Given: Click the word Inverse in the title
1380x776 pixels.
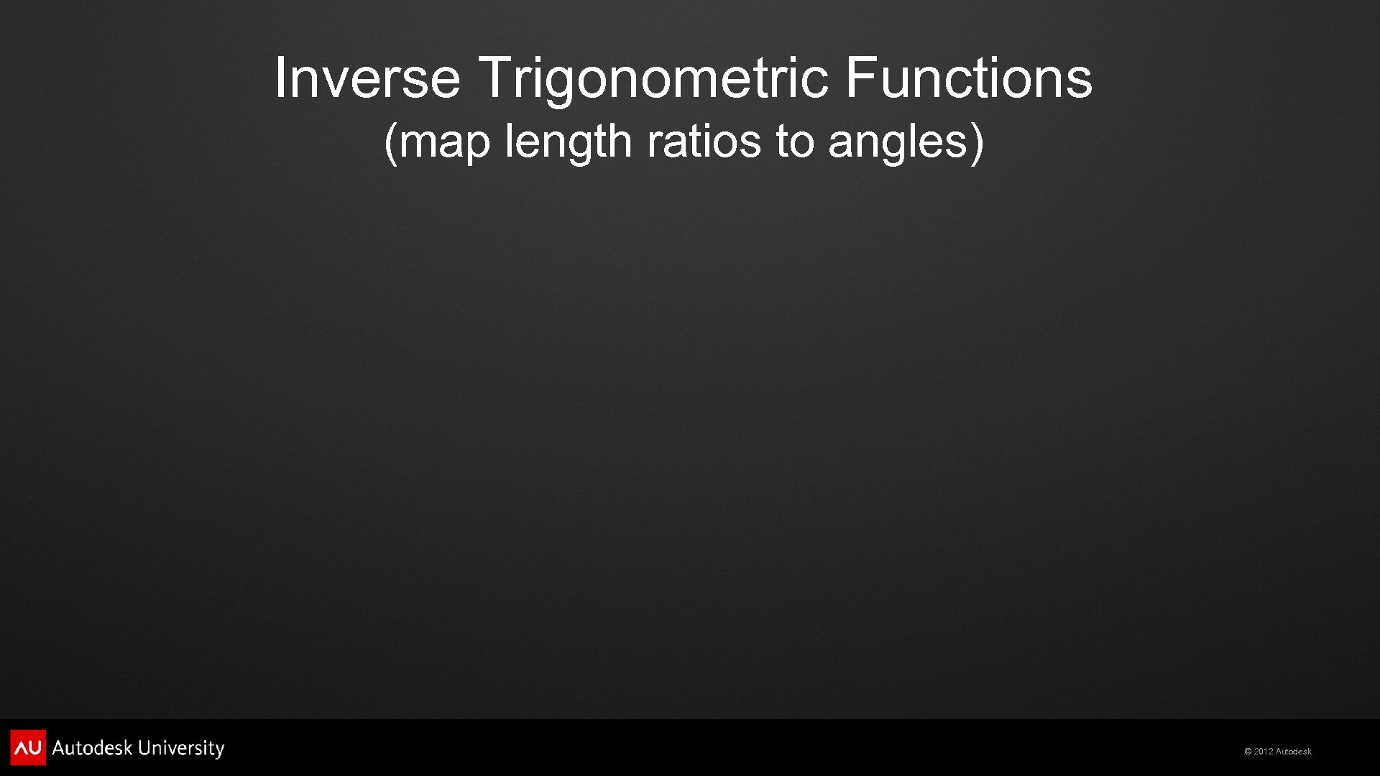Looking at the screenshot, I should pos(367,78).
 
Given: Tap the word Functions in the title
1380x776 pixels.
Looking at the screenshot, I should pos(968,78).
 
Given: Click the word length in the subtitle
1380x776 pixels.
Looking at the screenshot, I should pos(568,142).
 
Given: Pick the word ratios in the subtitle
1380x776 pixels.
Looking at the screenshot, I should pos(703,141).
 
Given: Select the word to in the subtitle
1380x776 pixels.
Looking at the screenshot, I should pos(793,141).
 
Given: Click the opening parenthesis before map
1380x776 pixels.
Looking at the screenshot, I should pos(390,142).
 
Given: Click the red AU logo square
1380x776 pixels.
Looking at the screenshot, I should pos(28,747).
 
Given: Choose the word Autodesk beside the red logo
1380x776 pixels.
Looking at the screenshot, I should pos(93,748).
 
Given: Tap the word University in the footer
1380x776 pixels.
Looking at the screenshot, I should pos(181,749).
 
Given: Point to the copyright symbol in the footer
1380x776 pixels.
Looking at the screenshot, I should pos(1248,752).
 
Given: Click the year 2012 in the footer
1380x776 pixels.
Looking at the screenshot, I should pos(1264,752).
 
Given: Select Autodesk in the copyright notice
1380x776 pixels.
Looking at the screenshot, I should pos(1294,752).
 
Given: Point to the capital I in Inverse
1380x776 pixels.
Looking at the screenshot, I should pos(280,78).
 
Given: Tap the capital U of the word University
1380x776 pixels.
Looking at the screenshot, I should pos(144,748).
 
